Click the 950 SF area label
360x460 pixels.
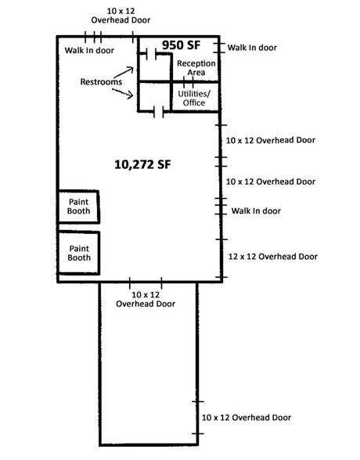click(x=185, y=45)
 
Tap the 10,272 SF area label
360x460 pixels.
click(x=142, y=164)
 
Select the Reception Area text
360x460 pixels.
click(x=191, y=68)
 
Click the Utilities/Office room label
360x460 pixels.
click(x=192, y=98)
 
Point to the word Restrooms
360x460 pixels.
click(x=100, y=82)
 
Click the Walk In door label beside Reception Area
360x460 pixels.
click(x=252, y=48)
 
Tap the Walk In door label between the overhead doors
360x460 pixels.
click(x=256, y=211)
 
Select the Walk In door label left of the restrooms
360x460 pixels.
click(x=89, y=51)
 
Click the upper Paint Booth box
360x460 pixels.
click(x=78, y=207)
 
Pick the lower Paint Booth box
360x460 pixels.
click(x=78, y=253)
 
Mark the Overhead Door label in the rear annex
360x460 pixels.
click(x=247, y=419)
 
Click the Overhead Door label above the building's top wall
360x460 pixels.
click(x=120, y=14)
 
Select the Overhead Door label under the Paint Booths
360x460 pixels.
click(x=146, y=299)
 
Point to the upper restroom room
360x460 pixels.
click(x=154, y=67)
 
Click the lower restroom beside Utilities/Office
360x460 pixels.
click(x=154, y=97)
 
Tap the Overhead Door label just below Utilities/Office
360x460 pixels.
click(x=270, y=140)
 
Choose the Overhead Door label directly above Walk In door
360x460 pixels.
click(x=270, y=181)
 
